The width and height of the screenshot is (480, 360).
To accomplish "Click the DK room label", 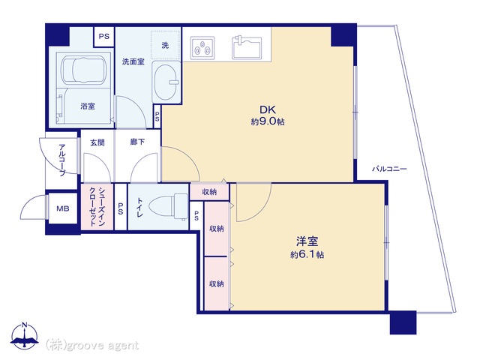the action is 268,109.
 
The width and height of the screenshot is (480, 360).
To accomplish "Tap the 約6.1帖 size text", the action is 307,255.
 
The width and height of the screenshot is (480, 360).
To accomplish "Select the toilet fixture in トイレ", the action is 169,207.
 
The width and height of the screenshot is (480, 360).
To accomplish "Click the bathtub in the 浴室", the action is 83,70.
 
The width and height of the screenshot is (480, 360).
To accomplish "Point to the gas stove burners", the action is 202,48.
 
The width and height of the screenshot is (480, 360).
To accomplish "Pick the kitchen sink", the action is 247,47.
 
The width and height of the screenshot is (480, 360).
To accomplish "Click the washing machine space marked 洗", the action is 165,45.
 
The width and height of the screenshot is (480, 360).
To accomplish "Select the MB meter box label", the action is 62,208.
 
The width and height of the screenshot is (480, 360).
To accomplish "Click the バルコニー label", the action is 389,169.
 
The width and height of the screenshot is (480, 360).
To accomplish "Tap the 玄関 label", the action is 97,142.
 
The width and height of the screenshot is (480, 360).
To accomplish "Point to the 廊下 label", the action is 137,142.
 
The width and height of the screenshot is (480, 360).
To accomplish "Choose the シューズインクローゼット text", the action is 97,207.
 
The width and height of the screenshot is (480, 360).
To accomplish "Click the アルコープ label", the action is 62,160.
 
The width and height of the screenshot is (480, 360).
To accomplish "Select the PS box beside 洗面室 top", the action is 103,37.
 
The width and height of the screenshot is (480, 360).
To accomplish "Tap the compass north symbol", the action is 25,334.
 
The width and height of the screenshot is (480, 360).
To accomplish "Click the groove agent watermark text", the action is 92,345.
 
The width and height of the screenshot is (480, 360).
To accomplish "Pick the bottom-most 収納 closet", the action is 217,283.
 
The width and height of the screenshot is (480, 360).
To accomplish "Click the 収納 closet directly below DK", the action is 209,192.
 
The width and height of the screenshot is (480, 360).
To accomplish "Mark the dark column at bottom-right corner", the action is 403,322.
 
